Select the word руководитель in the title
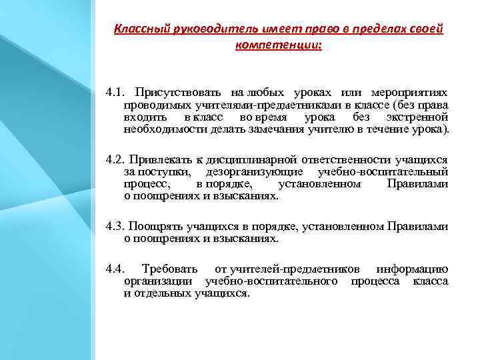(x=203, y=30)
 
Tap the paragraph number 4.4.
(x=115, y=269)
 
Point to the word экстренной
(x=417, y=117)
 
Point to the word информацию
(x=412, y=269)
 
